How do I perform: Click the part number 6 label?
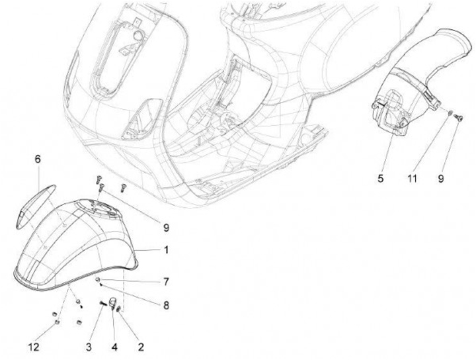coord(38,159)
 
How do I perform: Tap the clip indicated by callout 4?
coord(113,305)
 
